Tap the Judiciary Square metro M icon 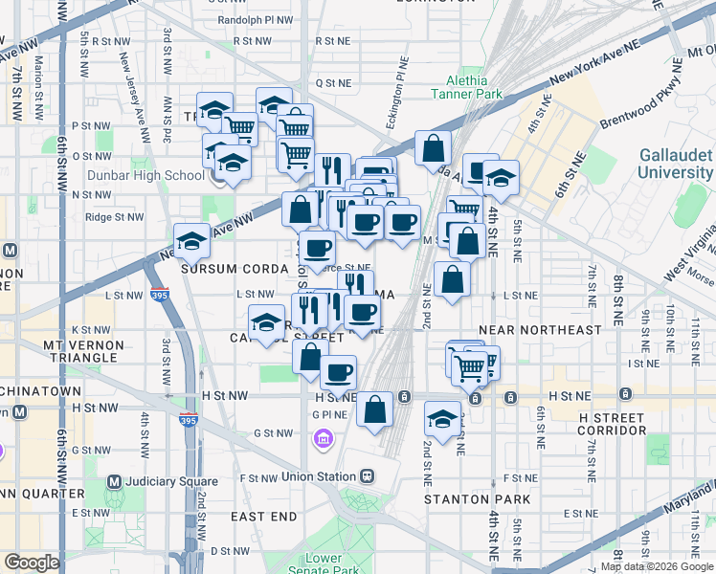coord(115,481)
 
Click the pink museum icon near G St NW coord(324,438)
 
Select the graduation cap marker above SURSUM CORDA coord(191,240)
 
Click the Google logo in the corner coord(32,562)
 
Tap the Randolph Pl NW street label coord(254,19)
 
